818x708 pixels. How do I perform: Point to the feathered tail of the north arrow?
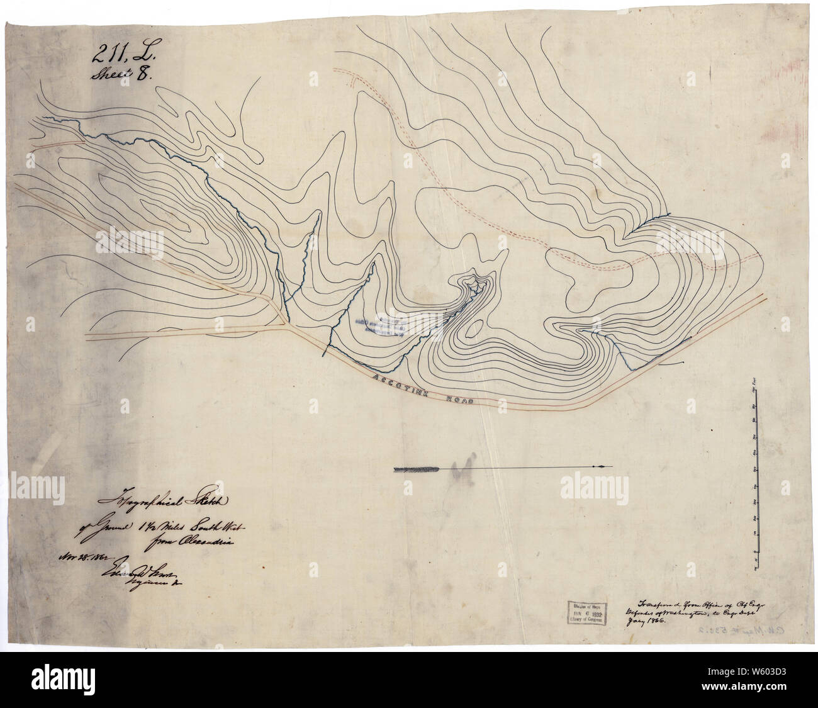point(416,468)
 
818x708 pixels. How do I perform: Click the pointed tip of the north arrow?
point(607,466)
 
